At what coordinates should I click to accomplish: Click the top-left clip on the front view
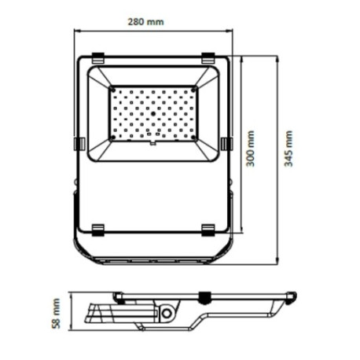pyautogui.click(x=97, y=57)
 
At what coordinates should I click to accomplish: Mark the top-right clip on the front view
pyautogui.click(x=208, y=57)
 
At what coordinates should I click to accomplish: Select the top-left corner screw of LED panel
pyautogui.click(x=113, y=91)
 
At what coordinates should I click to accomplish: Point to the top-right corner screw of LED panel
pyautogui.click(x=193, y=91)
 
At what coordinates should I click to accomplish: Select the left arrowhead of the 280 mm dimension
pyautogui.click(x=77, y=31)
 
